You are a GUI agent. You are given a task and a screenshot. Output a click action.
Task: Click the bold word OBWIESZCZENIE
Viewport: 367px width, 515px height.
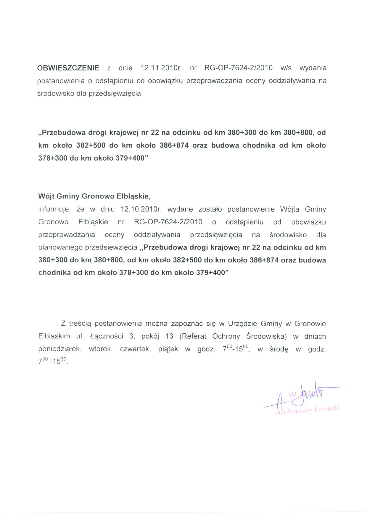click(68, 68)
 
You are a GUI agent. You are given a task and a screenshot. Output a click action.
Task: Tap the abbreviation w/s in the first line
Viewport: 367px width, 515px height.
click(286, 68)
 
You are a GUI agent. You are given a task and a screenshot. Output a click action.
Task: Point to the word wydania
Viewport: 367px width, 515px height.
click(313, 68)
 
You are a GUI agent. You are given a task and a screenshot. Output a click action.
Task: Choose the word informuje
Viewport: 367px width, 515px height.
click(54, 209)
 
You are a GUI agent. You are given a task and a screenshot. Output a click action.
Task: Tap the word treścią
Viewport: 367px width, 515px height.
click(81, 324)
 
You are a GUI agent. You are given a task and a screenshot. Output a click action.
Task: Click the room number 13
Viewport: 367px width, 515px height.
click(169, 336)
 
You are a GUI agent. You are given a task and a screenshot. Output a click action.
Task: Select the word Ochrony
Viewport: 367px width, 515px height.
click(226, 336)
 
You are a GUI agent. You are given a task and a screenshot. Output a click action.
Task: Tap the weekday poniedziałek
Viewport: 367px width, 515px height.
click(59, 349)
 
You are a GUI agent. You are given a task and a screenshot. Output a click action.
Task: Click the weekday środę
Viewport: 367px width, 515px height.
click(279, 349)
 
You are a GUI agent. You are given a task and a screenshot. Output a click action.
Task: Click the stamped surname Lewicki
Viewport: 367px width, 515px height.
click(327, 409)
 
